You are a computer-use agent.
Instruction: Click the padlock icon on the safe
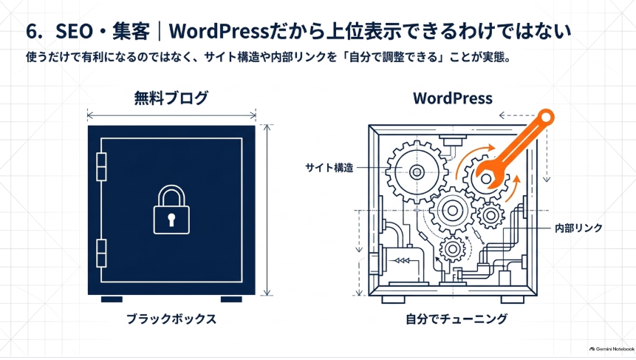coord(171,210)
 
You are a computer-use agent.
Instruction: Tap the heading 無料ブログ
coord(171,98)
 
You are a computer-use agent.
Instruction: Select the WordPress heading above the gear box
coord(453,98)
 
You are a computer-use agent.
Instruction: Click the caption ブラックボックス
coord(171,319)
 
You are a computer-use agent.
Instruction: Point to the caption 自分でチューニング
coord(457,319)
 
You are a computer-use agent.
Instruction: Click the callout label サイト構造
coord(329,168)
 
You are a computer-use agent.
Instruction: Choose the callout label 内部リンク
coord(578,228)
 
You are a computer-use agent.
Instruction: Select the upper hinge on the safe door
coord(101,167)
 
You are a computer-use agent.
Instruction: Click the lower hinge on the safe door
coord(101,254)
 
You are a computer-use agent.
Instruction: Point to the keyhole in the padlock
coord(171,220)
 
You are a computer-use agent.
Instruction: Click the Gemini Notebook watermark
coord(612,349)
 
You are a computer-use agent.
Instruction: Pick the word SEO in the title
coord(74,31)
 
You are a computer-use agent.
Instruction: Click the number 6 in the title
coord(32,31)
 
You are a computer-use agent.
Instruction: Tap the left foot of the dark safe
coord(112,299)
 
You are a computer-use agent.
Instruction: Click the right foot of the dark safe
coord(231,299)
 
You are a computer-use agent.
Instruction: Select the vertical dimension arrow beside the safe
coord(267,210)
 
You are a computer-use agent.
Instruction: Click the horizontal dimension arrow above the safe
coord(171,115)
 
